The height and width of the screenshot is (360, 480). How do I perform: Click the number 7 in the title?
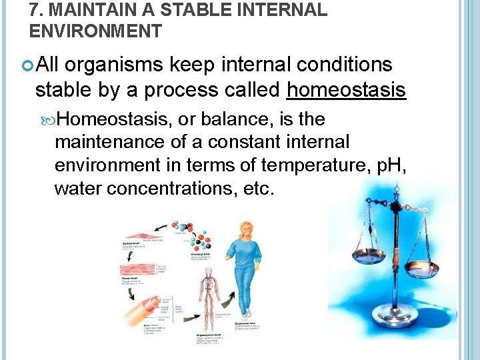click(34, 10)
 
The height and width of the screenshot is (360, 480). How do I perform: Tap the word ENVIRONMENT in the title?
click(95, 31)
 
